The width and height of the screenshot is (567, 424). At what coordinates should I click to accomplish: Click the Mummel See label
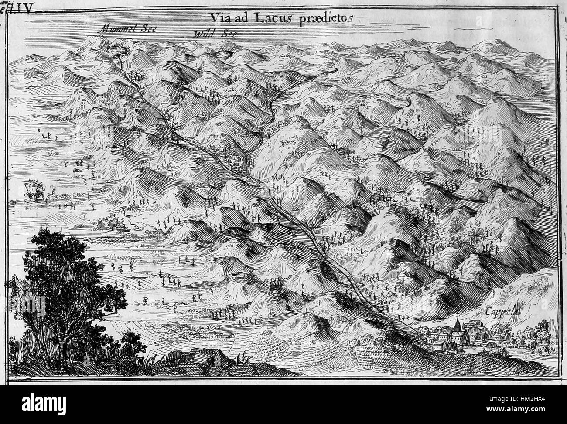click(128, 29)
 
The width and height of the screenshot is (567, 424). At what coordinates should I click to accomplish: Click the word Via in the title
click(219, 18)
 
